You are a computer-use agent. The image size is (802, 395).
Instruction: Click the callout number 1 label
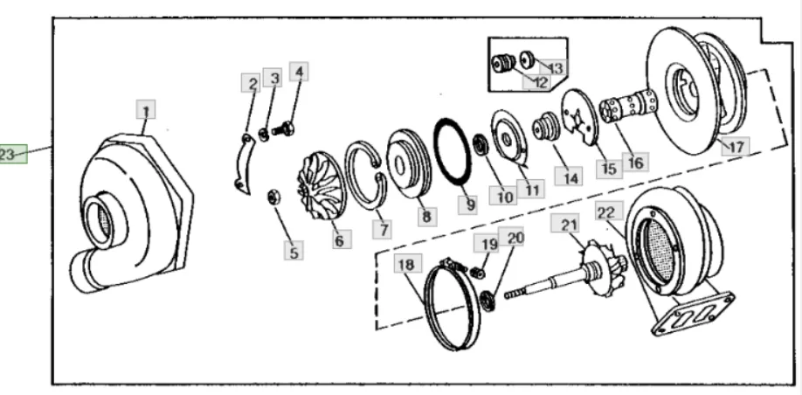click(x=146, y=111)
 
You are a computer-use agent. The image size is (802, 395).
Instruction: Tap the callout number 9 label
click(x=470, y=204)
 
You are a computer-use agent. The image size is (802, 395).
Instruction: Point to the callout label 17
click(x=735, y=147)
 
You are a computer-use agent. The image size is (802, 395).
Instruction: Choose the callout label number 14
click(x=570, y=177)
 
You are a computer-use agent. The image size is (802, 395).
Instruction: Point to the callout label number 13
click(x=556, y=67)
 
